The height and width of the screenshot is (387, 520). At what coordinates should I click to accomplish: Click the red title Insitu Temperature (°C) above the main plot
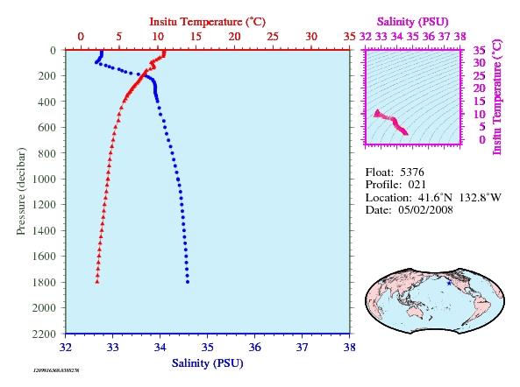coord(207,22)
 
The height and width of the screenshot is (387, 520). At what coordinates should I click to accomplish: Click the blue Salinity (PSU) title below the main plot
coord(207,363)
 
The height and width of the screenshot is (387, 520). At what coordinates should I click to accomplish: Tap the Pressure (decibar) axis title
coord(21,192)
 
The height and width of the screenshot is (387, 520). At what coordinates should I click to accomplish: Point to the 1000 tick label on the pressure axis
coord(44,179)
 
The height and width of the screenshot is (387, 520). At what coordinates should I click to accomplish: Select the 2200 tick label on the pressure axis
coord(44,334)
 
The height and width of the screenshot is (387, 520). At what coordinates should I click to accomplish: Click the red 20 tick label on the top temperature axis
coord(234,37)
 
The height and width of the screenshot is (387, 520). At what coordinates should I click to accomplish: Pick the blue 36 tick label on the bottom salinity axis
coord(254,348)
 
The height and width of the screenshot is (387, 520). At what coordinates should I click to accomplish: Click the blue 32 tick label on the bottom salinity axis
coord(66,348)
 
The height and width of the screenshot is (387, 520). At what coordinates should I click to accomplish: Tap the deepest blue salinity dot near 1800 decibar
coord(188,282)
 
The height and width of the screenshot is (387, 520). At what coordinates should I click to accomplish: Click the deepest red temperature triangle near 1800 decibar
coord(97,282)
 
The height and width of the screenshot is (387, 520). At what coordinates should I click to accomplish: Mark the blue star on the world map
coord(449,284)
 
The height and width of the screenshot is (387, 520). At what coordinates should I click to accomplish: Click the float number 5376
coord(412,172)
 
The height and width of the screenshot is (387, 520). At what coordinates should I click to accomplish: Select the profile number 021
coord(417,185)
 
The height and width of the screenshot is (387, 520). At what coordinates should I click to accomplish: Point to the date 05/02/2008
coord(425,210)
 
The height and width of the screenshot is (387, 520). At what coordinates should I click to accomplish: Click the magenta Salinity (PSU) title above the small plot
coord(412,22)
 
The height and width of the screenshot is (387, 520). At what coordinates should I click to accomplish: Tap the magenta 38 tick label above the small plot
coord(460,37)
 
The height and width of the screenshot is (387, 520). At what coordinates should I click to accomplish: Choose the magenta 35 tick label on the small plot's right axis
coord(479,51)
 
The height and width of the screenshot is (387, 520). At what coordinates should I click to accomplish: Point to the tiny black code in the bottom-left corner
coord(56,370)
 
